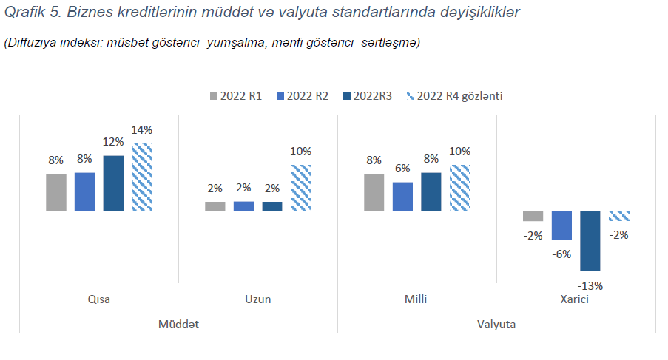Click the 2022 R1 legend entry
click(237, 96)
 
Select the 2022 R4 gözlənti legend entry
click(454, 96)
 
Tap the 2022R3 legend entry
click(367, 96)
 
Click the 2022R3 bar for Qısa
click(113, 183)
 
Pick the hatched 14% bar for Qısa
click(142, 177)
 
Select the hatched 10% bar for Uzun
click(300, 188)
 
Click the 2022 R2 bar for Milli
click(402, 197)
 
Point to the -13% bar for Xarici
click(590, 241)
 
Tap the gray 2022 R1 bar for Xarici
click(533, 216)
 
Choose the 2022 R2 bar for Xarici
click(561, 225)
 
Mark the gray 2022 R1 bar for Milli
click(374, 192)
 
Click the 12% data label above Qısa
click(113, 142)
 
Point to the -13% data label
click(591, 285)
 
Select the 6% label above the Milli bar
click(402, 169)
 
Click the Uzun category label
click(257, 299)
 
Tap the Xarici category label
click(576, 299)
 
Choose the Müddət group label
click(178, 325)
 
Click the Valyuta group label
click(496, 325)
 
